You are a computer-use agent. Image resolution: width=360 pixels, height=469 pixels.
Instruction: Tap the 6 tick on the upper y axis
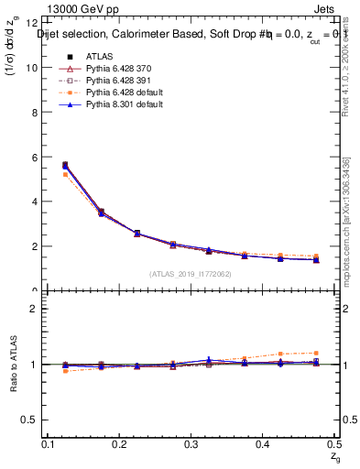(36, 158)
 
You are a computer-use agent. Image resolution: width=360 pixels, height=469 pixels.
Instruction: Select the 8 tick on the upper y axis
(36, 113)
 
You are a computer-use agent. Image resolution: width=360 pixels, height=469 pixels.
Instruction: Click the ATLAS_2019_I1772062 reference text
(191, 274)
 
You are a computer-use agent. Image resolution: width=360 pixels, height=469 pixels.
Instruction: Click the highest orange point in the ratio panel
(315, 353)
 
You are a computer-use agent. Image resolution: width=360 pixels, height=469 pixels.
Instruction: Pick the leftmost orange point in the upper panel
(64, 174)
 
